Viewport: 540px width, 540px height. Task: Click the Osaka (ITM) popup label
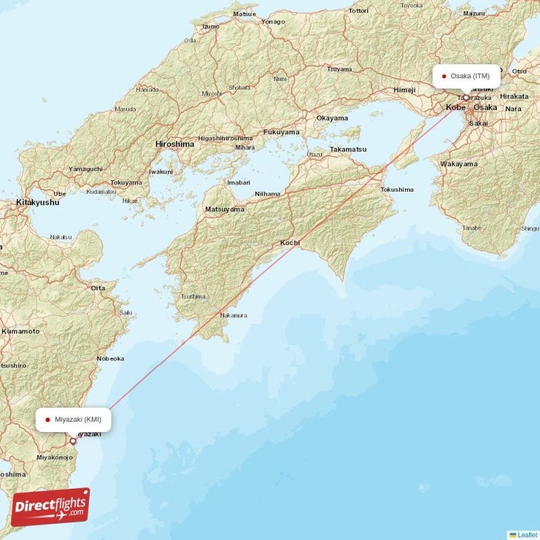(x=466, y=76)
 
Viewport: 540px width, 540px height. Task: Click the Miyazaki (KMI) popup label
(x=74, y=419)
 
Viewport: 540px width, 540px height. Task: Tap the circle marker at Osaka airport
(x=466, y=98)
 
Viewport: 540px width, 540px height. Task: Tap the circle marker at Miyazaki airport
(x=74, y=441)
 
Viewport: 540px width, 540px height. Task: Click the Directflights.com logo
(x=51, y=507)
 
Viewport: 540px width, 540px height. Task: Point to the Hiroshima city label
(x=175, y=144)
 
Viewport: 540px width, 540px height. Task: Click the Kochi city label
(x=290, y=242)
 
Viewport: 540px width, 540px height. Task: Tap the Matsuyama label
(x=224, y=209)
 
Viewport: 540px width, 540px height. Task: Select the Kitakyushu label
(x=37, y=202)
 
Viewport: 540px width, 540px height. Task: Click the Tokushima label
(x=397, y=190)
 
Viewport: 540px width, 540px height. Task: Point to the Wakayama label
(x=458, y=163)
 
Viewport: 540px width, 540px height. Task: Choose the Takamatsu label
(x=348, y=148)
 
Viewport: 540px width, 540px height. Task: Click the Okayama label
(x=332, y=117)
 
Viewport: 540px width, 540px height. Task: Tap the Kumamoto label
(x=20, y=331)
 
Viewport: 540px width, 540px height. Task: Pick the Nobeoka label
(x=111, y=358)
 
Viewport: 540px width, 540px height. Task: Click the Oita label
(x=98, y=288)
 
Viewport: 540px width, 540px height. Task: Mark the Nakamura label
(x=234, y=315)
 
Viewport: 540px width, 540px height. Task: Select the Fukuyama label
(x=281, y=132)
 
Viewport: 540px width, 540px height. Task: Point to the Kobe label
(x=456, y=107)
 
